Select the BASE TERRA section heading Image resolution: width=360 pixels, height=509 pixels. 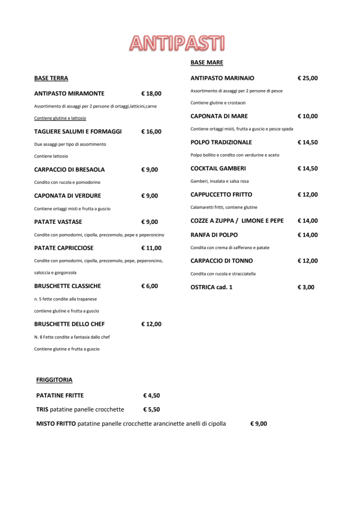click(51, 78)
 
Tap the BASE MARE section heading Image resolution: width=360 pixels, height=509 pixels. click(207, 62)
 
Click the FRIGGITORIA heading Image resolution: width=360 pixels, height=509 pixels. click(54, 380)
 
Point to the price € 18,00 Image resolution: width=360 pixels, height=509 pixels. click(151, 93)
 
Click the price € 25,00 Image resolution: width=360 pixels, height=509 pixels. click(308, 78)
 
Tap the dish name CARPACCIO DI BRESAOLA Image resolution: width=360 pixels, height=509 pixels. click(69, 169)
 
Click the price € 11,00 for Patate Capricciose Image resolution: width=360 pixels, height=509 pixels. click(151, 247)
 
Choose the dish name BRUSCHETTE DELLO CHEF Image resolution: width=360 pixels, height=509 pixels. click(69, 324)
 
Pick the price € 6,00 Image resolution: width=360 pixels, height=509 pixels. click(150, 286)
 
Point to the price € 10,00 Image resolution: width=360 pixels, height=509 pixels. click(308, 116)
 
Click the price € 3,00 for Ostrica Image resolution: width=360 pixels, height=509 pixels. click(306, 287)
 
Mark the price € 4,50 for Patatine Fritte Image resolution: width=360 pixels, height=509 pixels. click(151, 395)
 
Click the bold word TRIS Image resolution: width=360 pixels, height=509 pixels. click(42, 409)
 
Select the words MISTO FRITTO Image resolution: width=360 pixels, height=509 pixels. click(56, 424)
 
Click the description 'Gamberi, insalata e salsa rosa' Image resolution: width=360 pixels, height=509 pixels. click(219, 181)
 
